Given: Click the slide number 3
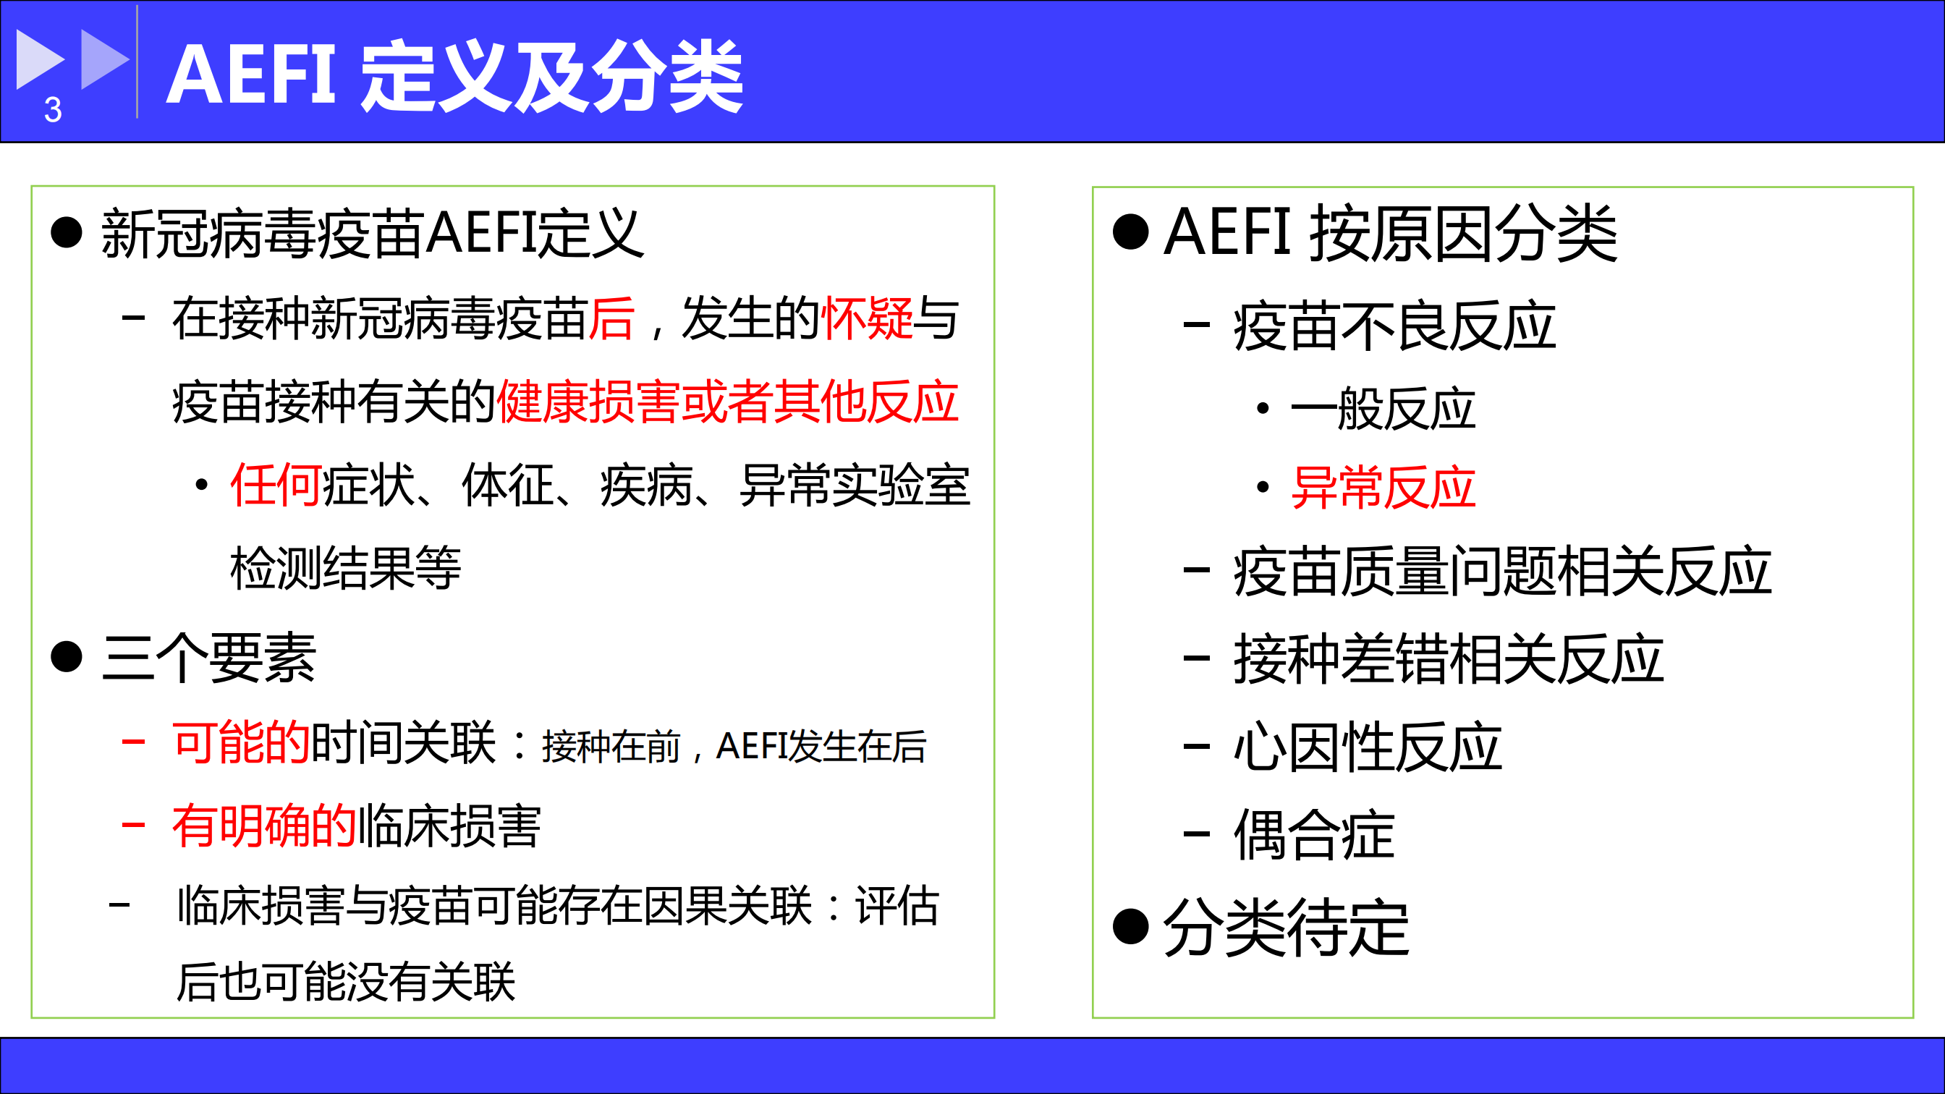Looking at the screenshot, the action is [x=53, y=110].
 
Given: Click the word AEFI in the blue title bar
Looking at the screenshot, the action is [x=251, y=75].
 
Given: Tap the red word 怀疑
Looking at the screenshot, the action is [x=867, y=318].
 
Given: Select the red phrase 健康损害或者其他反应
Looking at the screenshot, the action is [x=728, y=401].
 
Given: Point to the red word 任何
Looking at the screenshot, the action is [x=276, y=484].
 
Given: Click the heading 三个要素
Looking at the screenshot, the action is [x=209, y=658].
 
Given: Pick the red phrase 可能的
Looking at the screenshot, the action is [x=242, y=742].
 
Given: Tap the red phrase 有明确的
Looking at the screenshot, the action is [x=264, y=826].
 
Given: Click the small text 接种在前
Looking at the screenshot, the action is [x=611, y=747].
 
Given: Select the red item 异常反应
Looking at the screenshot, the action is [x=1383, y=487].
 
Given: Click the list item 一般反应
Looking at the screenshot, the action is [x=1383, y=409].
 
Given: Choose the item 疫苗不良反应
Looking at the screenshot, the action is [x=1394, y=326].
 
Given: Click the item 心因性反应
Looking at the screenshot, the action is [x=1368, y=747].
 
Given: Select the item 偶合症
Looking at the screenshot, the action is [x=1314, y=834].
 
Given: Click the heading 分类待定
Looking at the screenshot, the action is [x=1286, y=928].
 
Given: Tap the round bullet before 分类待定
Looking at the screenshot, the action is [x=1130, y=926].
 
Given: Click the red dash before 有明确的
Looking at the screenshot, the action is [x=134, y=826].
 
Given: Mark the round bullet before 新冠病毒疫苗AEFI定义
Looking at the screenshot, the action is [x=67, y=232].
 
